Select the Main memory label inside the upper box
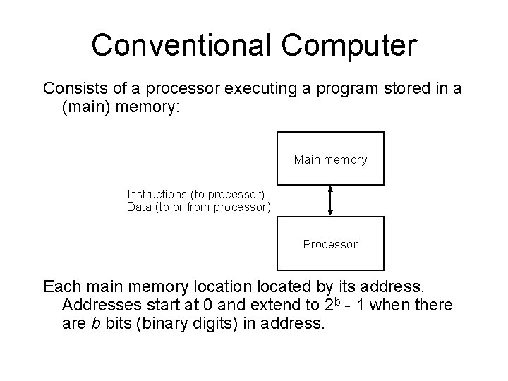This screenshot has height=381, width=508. [x=330, y=160]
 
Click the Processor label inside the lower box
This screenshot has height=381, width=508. [x=330, y=244]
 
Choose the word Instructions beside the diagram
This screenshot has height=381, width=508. [x=155, y=193]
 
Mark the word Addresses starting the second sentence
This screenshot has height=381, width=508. [x=102, y=306]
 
